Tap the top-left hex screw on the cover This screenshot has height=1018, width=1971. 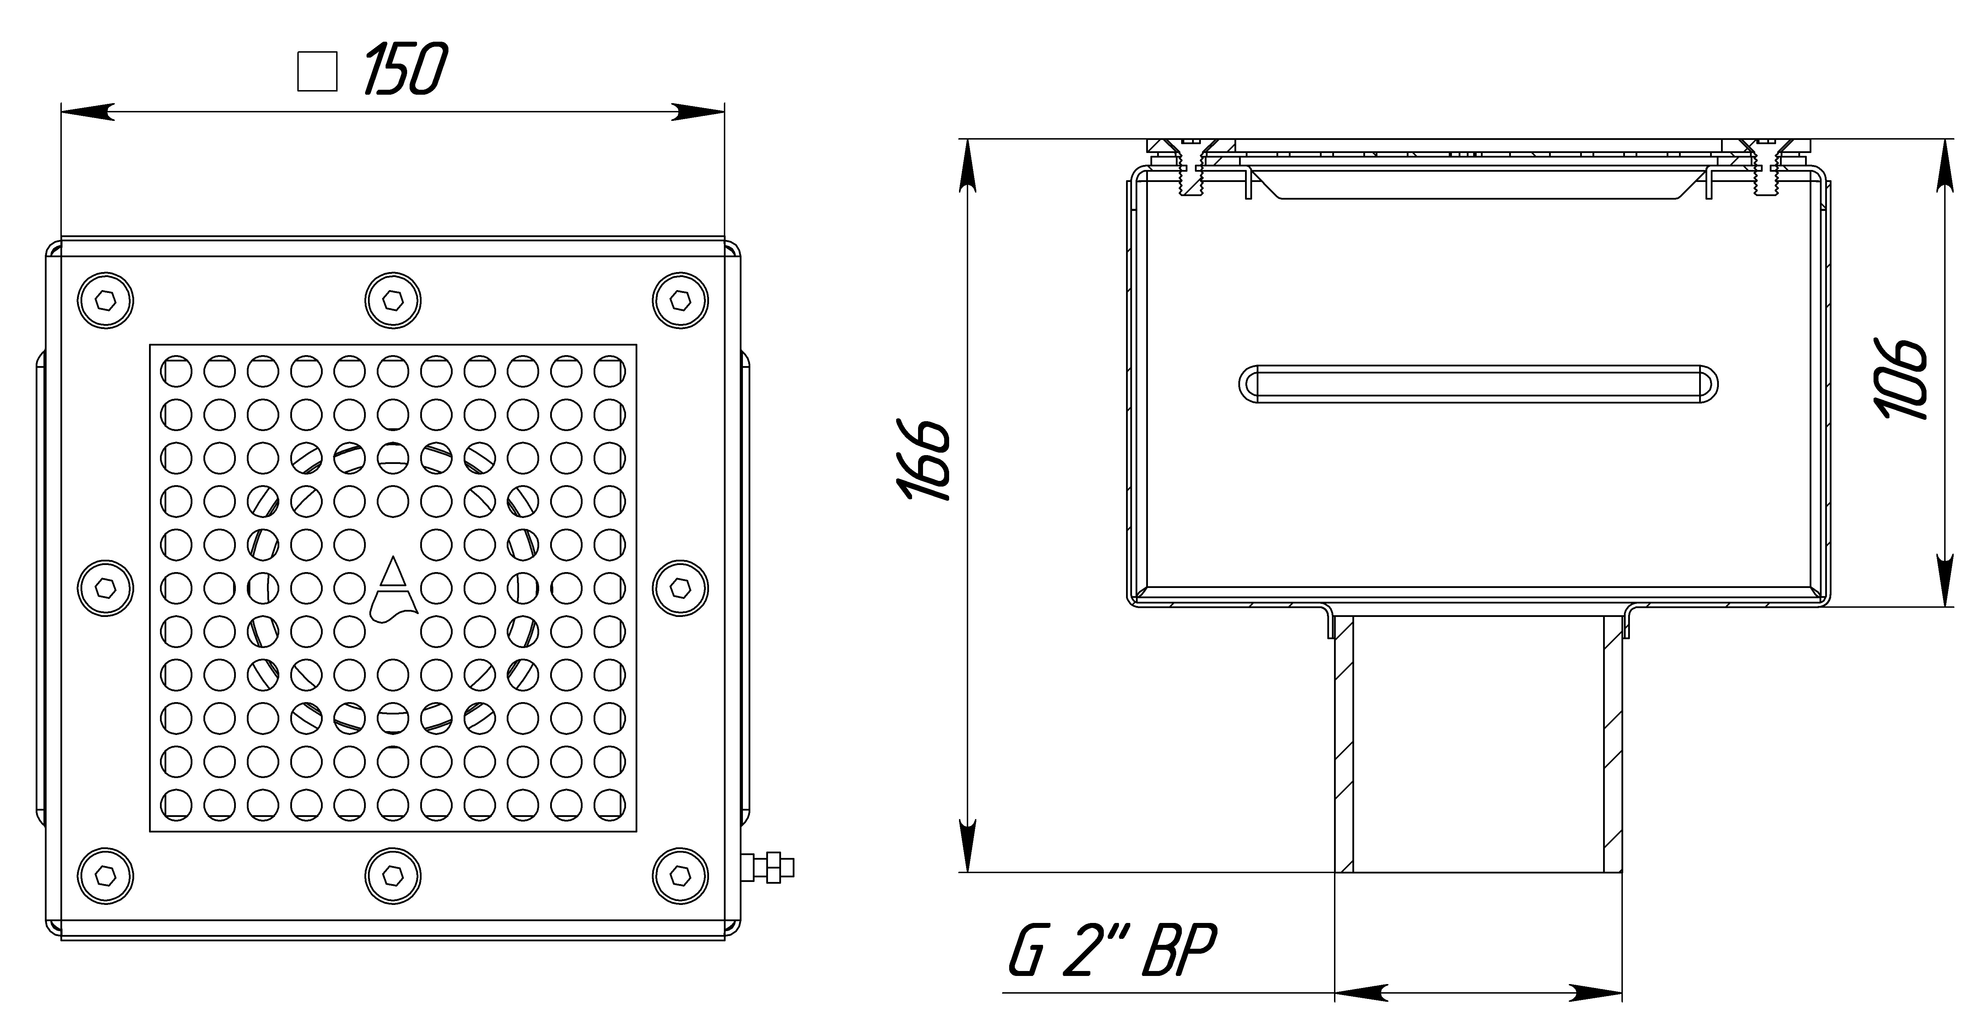point(106,300)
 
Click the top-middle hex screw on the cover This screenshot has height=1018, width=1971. point(393,300)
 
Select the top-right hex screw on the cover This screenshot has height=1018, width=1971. point(680,300)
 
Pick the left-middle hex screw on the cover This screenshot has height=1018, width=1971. point(106,588)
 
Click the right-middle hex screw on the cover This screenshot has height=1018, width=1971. point(680,588)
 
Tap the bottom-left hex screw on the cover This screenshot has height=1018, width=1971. point(106,875)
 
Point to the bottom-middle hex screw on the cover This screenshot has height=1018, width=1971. point(393,875)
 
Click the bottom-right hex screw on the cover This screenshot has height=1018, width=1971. point(680,875)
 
